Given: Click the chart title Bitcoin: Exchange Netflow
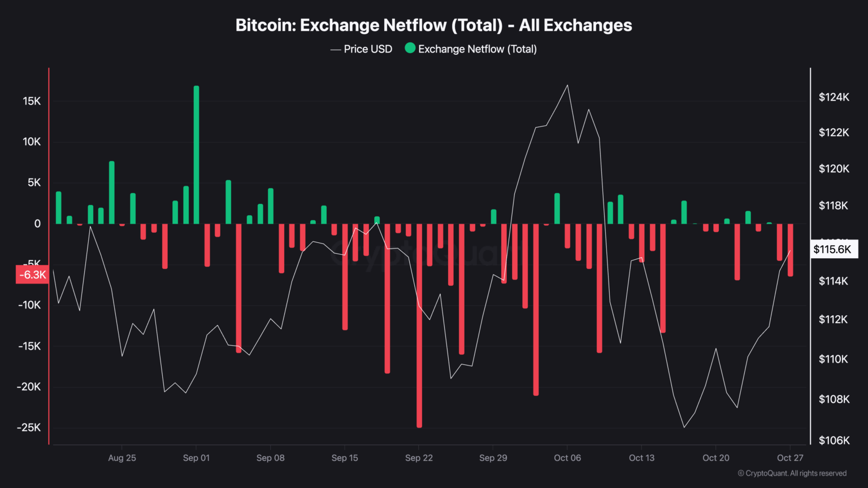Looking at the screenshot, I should (x=433, y=25).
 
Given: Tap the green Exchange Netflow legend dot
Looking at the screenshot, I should (x=410, y=49).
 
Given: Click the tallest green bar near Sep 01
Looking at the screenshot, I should (x=196, y=152).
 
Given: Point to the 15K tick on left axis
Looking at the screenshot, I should (x=32, y=101).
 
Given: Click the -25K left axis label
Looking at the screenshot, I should (x=29, y=428).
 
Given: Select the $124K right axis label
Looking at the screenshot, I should (x=834, y=97).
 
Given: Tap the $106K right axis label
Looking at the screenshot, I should (x=834, y=440).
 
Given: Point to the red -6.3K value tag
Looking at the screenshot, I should (x=32, y=274).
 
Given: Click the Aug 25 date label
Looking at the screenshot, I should (x=122, y=458).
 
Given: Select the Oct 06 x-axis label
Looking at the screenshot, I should (x=567, y=458).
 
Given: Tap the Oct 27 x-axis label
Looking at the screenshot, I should (x=790, y=458).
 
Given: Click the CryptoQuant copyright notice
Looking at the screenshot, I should (x=792, y=473).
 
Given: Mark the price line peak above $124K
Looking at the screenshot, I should (x=567, y=85).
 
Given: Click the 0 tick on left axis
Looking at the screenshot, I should (x=37, y=224).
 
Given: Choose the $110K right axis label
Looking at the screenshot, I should (x=834, y=359).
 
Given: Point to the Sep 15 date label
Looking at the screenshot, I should (x=345, y=458).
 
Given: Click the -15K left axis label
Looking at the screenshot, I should (x=29, y=346).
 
